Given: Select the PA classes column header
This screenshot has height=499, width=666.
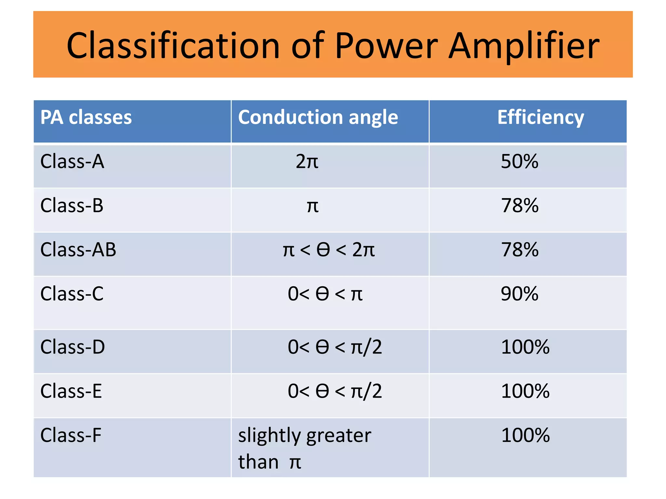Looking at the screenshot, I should (86, 117).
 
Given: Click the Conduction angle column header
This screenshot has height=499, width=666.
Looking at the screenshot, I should (318, 117).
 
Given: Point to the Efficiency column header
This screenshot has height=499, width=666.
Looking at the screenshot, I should (540, 117).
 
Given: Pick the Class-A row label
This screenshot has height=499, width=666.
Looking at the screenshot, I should (72, 161).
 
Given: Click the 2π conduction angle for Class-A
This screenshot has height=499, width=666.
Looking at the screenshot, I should (307, 161).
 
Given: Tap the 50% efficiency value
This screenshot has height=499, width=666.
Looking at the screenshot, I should (519, 161).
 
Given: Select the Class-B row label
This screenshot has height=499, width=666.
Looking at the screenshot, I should (72, 206).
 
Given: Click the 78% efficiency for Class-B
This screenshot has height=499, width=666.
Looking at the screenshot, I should (520, 206).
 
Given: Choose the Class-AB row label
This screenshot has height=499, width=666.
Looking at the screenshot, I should (78, 250).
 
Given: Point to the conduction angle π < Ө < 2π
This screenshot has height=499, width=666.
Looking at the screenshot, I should (328, 250).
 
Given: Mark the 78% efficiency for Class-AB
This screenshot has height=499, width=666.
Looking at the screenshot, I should (520, 250).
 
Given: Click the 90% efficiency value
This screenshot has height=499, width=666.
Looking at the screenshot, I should (519, 294).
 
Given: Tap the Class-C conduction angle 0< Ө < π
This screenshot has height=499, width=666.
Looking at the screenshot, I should (325, 294).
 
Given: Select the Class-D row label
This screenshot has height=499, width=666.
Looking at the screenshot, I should (73, 347).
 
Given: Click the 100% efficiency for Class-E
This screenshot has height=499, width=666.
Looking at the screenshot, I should (525, 391).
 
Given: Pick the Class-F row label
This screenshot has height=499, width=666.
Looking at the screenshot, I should (71, 435).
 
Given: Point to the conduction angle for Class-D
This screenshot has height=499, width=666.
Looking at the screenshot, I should (335, 347).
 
